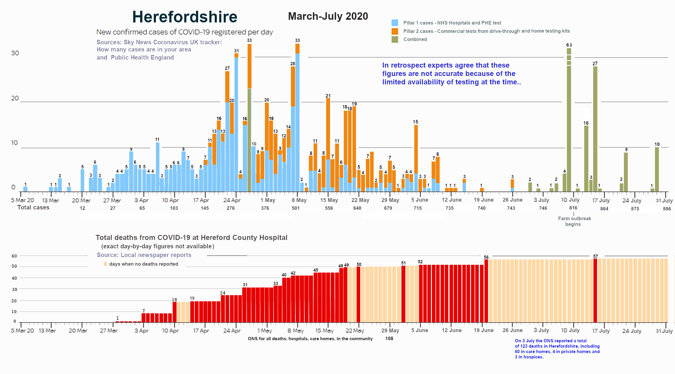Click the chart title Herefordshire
[x=185, y=17]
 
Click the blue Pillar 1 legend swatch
[x=395, y=23]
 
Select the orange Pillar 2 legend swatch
[x=395, y=31]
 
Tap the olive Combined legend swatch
[x=395, y=39]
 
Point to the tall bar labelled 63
[x=569, y=120]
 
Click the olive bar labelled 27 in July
[x=595, y=129]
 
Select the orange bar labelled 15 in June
[x=416, y=150]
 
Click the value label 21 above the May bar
[x=328, y=96]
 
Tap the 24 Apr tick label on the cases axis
[x=232, y=200]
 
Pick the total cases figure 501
[x=296, y=208]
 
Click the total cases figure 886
[x=667, y=209]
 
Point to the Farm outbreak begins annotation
[x=574, y=221]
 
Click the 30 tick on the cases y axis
[x=15, y=53]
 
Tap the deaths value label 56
[x=486, y=257]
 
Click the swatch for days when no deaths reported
[x=105, y=264]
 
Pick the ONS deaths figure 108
[x=389, y=339]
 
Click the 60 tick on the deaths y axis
[x=14, y=256]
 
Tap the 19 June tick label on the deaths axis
[x=484, y=330]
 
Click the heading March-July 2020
[x=328, y=16]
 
